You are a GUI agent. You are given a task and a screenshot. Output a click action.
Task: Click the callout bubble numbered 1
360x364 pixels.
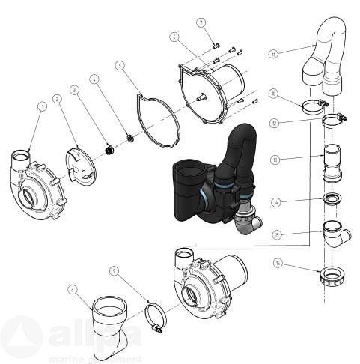42,106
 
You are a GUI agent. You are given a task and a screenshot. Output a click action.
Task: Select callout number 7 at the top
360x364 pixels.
201,22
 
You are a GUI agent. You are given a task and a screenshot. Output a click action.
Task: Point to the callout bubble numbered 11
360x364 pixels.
274,53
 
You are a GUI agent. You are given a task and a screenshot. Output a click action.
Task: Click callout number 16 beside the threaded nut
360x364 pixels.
278,263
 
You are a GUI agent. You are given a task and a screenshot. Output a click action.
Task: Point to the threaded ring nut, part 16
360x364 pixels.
330,276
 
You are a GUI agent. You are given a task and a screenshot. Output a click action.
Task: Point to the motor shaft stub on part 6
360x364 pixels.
201,95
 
